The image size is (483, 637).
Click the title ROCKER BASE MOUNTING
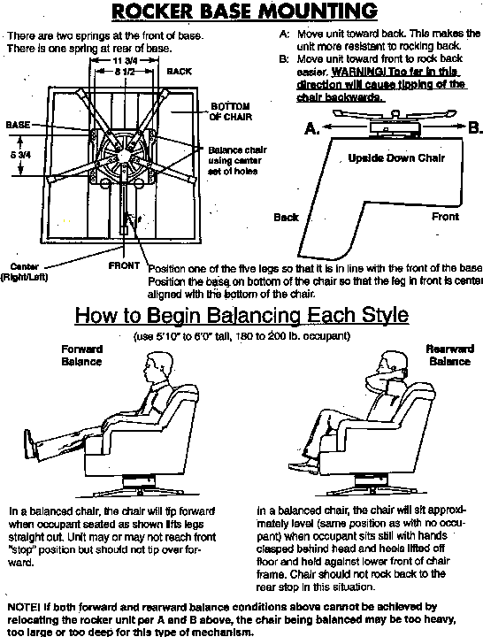pos(241,12)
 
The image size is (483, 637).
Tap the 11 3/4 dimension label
pos(126,59)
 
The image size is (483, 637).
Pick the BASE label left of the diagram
pos(19,125)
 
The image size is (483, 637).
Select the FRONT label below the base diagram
pos(124,265)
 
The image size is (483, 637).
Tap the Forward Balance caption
pos(81,355)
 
